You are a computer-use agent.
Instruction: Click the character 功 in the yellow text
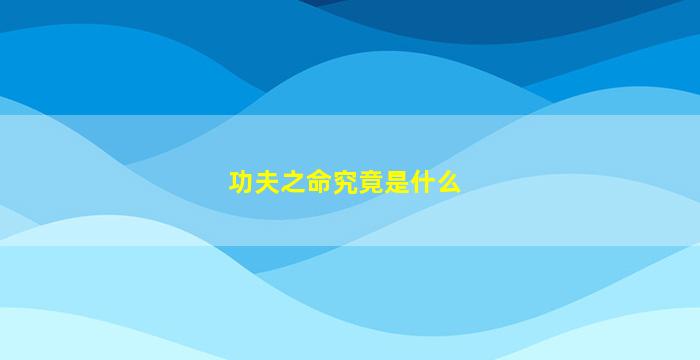point(241,182)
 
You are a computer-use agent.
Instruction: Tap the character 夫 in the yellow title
point(267,182)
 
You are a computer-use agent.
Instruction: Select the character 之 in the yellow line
point(293,182)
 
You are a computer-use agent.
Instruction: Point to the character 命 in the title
point(319,182)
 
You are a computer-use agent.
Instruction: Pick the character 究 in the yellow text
point(345,182)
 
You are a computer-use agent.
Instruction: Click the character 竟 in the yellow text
point(371,182)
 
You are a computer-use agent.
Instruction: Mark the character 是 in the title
point(396,182)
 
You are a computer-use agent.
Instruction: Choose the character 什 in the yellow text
point(422,182)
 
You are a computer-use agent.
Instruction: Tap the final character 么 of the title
point(448,182)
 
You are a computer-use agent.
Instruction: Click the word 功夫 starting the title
point(254,182)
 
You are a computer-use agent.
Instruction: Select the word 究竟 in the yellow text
point(358,182)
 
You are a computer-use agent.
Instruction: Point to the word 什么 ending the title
point(435,182)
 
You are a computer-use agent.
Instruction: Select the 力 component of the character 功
point(247,182)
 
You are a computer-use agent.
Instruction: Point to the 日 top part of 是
point(396,176)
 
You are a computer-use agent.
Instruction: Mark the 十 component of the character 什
point(427,182)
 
